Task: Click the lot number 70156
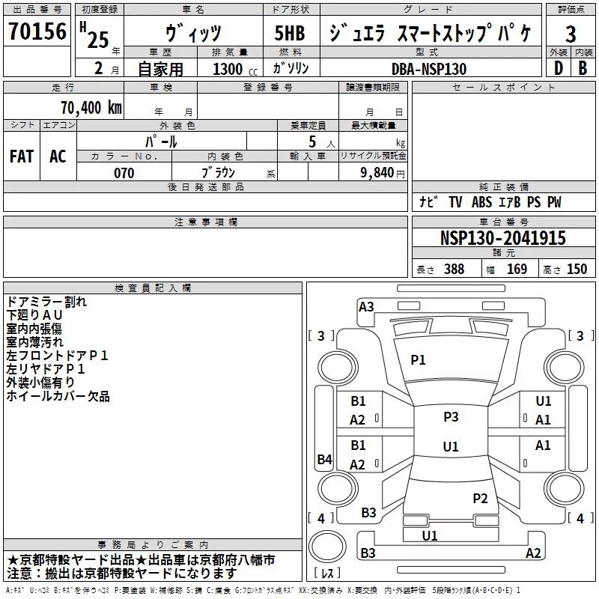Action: pyautogui.click(x=37, y=32)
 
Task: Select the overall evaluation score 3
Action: pyautogui.click(x=571, y=34)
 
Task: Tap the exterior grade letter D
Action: pyautogui.click(x=558, y=67)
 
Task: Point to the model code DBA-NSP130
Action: pyautogui.click(x=428, y=68)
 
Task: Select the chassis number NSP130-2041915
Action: pyautogui.click(x=502, y=238)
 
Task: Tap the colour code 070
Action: pyautogui.click(x=124, y=173)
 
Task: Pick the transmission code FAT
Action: pyautogui.click(x=22, y=156)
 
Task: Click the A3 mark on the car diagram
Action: pyautogui.click(x=366, y=306)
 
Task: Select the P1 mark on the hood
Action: pyautogui.click(x=418, y=360)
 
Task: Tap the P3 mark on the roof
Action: pyautogui.click(x=451, y=417)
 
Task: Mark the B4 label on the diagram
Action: pyautogui.click(x=324, y=460)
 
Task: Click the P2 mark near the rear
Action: pyautogui.click(x=480, y=498)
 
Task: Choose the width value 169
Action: pyautogui.click(x=517, y=270)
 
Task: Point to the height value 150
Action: pyautogui.click(x=577, y=270)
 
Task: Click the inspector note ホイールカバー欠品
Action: pyautogui.click(x=58, y=396)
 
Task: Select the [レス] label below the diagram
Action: pyautogui.click(x=327, y=574)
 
